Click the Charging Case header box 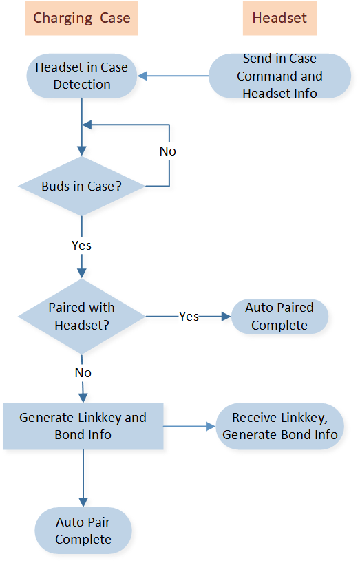coord(81,18)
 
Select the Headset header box coord(279,18)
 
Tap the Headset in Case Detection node coord(82,76)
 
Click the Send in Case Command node coord(279,76)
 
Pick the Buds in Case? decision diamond coord(81,186)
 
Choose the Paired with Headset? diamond coord(81,317)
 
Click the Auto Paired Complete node coord(279,317)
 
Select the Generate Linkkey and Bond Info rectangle coord(83,426)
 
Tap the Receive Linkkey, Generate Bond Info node coord(280,426)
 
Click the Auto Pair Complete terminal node coord(83,531)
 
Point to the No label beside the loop coord(168,151)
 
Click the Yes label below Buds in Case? coord(81,246)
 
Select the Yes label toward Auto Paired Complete coord(189,317)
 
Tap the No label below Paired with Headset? coord(83,373)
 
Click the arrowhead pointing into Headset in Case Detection coord(142,76)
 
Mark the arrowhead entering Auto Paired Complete coord(226,317)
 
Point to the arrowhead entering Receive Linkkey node coord(211,426)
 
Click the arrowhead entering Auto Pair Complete coord(83,502)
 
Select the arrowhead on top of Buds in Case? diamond coord(82,151)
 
